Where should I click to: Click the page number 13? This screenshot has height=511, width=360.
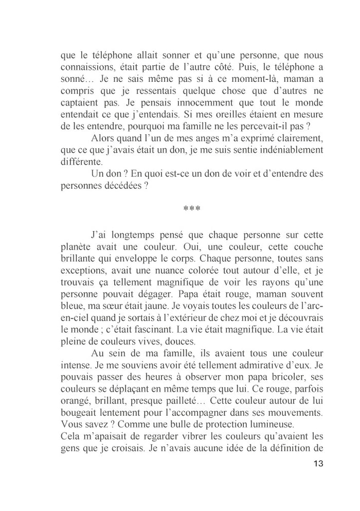[317, 464]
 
